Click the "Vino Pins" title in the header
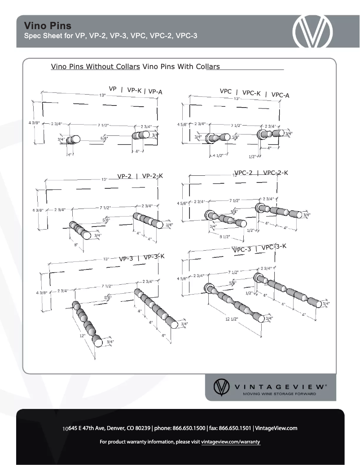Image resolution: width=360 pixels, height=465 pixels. pyautogui.click(x=48, y=26)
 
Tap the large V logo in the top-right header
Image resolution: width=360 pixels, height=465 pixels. pyautogui.click(x=313, y=32)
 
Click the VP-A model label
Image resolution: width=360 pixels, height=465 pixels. pyautogui.click(x=155, y=92)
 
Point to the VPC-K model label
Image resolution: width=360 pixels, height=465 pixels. pyautogui.click(x=251, y=93)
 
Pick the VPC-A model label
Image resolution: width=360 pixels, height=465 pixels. pyautogui.click(x=281, y=95)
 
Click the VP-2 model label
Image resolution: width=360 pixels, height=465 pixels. pyautogui.click(x=124, y=176)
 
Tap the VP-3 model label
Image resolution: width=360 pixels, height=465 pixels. pyautogui.click(x=126, y=258)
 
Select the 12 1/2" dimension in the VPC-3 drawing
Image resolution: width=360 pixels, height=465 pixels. pyautogui.click(x=232, y=319)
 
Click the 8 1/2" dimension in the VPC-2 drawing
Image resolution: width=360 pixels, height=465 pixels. pyautogui.click(x=224, y=236)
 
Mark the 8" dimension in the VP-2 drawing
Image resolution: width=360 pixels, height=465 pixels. pyautogui.click(x=76, y=245)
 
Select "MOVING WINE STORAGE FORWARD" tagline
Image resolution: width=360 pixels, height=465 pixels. pyautogui.click(x=279, y=394)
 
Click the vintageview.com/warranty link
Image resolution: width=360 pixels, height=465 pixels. pyautogui.click(x=231, y=442)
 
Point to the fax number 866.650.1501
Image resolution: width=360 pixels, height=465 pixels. pyautogui.click(x=234, y=428)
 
